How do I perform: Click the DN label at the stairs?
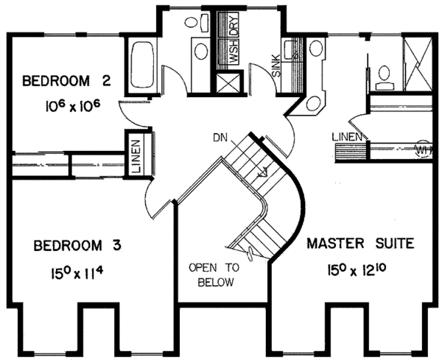(219, 137)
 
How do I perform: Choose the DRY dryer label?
(232, 25)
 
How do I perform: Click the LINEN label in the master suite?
(346, 136)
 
